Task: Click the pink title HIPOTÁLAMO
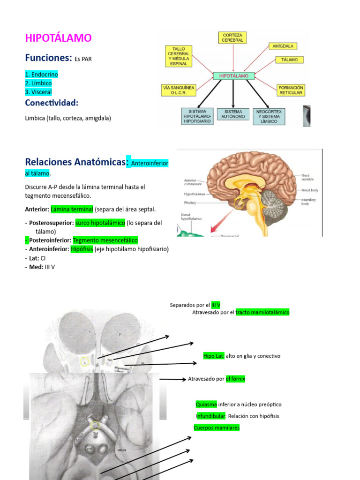click(x=58, y=38)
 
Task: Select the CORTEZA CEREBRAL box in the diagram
click(x=233, y=38)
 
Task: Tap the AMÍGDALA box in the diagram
click(x=283, y=46)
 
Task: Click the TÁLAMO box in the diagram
click(x=289, y=60)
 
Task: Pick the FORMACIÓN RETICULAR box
click(x=291, y=90)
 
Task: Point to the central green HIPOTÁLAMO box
click(x=233, y=75)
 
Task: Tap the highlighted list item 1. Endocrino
click(x=41, y=75)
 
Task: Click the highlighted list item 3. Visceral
click(x=38, y=92)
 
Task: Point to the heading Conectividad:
click(x=52, y=103)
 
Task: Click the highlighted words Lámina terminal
click(x=72, y=209)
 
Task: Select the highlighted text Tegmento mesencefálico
click(x=105, y=240)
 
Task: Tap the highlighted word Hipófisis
click(x=82, y=249)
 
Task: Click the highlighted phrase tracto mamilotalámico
click(x=262, y=312)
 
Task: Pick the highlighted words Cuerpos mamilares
click(x=217, y=427)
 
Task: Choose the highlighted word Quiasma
click(x=206, y=404)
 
